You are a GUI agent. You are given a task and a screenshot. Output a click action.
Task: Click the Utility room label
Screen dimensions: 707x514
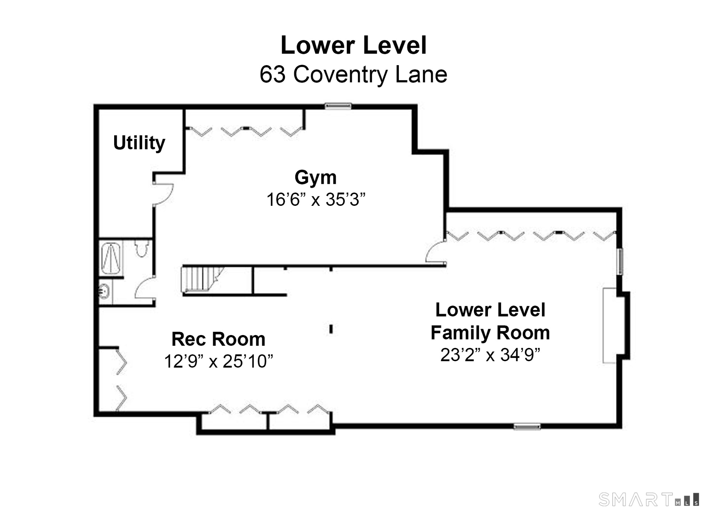pos(139,143)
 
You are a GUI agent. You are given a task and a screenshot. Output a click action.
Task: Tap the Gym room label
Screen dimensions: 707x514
pos(316,178)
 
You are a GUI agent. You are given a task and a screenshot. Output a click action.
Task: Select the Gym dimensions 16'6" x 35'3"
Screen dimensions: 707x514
pos(316,200)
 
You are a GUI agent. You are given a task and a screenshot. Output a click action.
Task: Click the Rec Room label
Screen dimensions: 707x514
pos(218,339)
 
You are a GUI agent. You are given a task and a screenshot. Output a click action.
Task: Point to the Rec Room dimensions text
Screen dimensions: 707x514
pos(218,361)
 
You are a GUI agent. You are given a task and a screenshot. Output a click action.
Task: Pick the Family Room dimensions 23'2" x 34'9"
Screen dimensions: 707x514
pos(490,355)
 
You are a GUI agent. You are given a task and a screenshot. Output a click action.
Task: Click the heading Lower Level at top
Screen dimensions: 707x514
pos(353,45)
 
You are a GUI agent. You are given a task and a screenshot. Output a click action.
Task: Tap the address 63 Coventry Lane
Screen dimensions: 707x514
pos(353,74)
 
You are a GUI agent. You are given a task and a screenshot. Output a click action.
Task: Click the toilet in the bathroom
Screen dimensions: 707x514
pos(142,248)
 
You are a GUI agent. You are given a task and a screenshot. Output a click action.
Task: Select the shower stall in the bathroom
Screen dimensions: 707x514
pos(111,258)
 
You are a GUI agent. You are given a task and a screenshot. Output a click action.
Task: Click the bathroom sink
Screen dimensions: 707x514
pos(104,292)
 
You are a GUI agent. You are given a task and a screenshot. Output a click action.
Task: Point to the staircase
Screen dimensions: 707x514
pos(203,279)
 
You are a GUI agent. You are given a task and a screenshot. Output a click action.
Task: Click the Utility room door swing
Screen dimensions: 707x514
pos(163,194)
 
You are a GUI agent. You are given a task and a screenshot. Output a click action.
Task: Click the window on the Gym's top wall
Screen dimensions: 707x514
pos(338,106)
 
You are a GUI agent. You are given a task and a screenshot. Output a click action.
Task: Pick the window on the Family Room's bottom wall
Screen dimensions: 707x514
pos(527,426)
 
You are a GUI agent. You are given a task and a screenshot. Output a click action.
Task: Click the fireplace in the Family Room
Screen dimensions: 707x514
pos(610,325)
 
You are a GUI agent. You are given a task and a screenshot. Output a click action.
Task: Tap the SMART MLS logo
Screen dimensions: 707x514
pos(648,500)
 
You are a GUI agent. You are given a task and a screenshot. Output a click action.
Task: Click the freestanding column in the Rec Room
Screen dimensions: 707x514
pos(331,329)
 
